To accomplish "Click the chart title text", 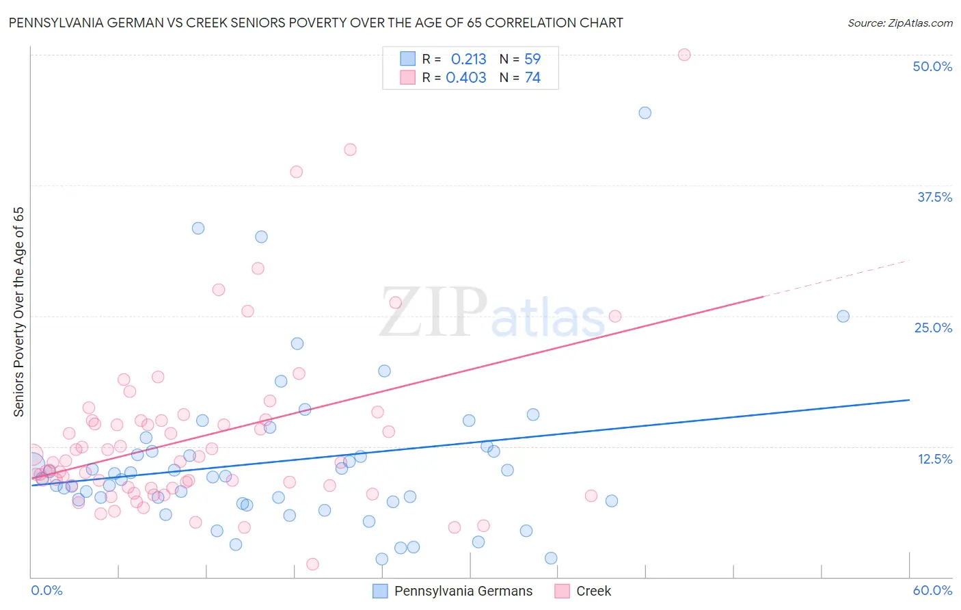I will [x=316, y=23].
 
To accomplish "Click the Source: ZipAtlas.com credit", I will [x=899, y=23].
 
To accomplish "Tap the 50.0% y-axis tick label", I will [x=932, y=66].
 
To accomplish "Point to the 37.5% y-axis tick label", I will [x=934, y=197].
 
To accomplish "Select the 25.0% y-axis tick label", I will [x=933, y=328].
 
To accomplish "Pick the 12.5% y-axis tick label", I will [x=934, y=459].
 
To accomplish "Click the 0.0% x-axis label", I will [x=47, y=590].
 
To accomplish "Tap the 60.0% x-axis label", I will [x=932, y=590].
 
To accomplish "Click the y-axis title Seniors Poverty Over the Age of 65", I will [x=19, y=312].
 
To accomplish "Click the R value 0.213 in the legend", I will [x=468, y=59].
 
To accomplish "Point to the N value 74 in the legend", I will [x=532, y=77].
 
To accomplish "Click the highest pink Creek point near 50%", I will [x=684, y=55].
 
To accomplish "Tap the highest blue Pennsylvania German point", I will [x=645, y=113].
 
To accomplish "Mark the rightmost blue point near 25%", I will [x=843, y=316].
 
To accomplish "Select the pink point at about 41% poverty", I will [x=350, y=150].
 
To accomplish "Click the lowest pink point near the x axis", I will [x=312, y=564].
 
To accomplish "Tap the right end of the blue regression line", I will [x=908, y=399].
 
